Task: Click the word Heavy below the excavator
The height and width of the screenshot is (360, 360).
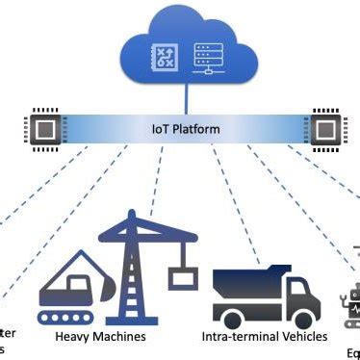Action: point(74,337)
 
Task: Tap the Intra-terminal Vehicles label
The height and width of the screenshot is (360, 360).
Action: point(265,337)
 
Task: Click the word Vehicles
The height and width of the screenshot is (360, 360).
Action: point(305,337)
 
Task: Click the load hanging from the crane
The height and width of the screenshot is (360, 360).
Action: point(180,278)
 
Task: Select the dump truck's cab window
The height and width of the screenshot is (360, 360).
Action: point(298,287)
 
